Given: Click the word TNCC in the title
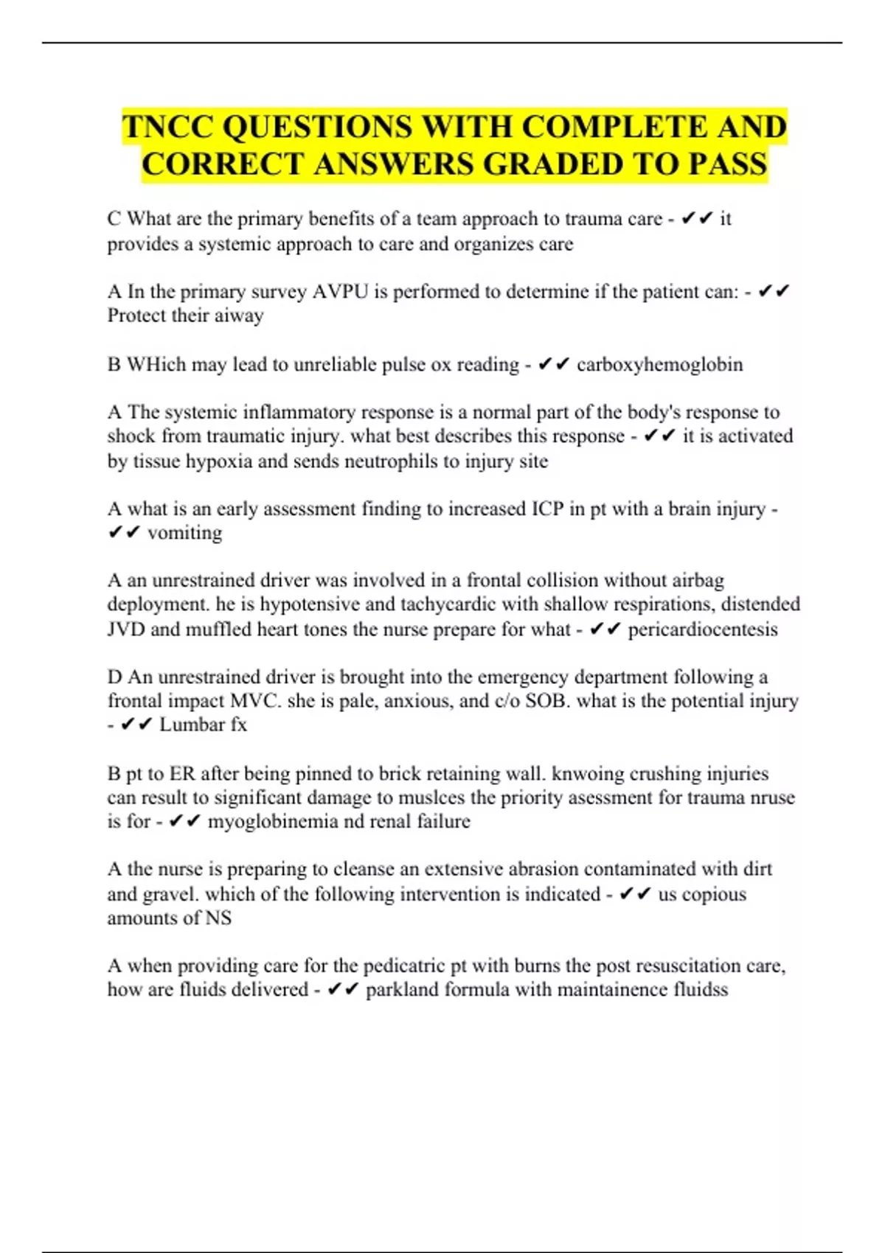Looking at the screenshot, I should pyautogui.click(x=167, y=127).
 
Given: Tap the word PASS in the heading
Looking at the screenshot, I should pyautogui.click(x=728, y=164).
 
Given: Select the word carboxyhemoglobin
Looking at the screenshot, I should pyautogui.click(x=659, y=364).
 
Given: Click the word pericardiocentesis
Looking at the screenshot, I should pyautogui.click(x=702, y=629).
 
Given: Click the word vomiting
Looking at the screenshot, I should pyautogui.click(x=184, y=532).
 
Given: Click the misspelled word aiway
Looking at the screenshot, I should pyautogui.click(x=240, y=315).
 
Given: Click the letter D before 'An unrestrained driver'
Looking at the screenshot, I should pyautogui.click(x=114, y=677).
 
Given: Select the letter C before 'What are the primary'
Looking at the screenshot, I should pyautogui.click(x=114, y=219).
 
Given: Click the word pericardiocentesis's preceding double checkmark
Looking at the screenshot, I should pyautogui.click(x=605, y=629).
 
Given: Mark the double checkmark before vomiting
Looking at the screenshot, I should pyautogui.click(x=124, y=532).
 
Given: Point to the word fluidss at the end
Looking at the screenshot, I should pyautogui.click(x=701, y=989).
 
